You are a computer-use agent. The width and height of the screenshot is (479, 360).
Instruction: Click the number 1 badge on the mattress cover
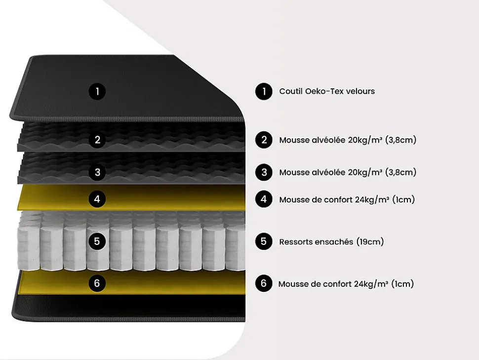click(x=97, y=91)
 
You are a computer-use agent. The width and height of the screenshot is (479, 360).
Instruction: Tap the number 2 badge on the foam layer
click(x=97, y=140)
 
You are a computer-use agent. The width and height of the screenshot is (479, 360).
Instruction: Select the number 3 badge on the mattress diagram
click(x=97, y=172)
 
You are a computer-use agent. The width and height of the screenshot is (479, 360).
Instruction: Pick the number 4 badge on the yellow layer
click(x=97, y=199)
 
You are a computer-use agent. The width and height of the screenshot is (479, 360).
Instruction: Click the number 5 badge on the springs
click(x=97, y=241)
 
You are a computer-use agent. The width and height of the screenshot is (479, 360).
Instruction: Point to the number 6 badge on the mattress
click(x=97, y=283)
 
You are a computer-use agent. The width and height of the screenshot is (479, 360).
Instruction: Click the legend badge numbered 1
click(x=264, y=91)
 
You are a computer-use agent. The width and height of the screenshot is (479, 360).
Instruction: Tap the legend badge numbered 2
click(x=264, y=140)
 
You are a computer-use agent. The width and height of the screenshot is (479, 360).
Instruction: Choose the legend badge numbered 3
click(x=264, y=172)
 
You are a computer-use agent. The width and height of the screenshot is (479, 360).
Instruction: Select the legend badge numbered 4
click(x=264, y=200)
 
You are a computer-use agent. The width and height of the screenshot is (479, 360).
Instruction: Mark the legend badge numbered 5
click(x=264, y=241)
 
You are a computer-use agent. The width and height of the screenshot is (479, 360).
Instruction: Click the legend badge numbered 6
click(x=264, y=283)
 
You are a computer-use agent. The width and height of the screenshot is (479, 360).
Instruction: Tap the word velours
click(x=359, y=91)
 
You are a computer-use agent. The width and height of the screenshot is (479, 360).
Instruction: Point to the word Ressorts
click(x=295, y=242)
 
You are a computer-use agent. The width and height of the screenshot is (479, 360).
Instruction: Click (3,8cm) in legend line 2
click(x=400, y=140)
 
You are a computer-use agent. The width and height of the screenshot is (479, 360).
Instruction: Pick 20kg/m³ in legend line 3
click(x=365, y=172)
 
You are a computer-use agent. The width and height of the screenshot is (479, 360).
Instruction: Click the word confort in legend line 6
click(x=335, y=284)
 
